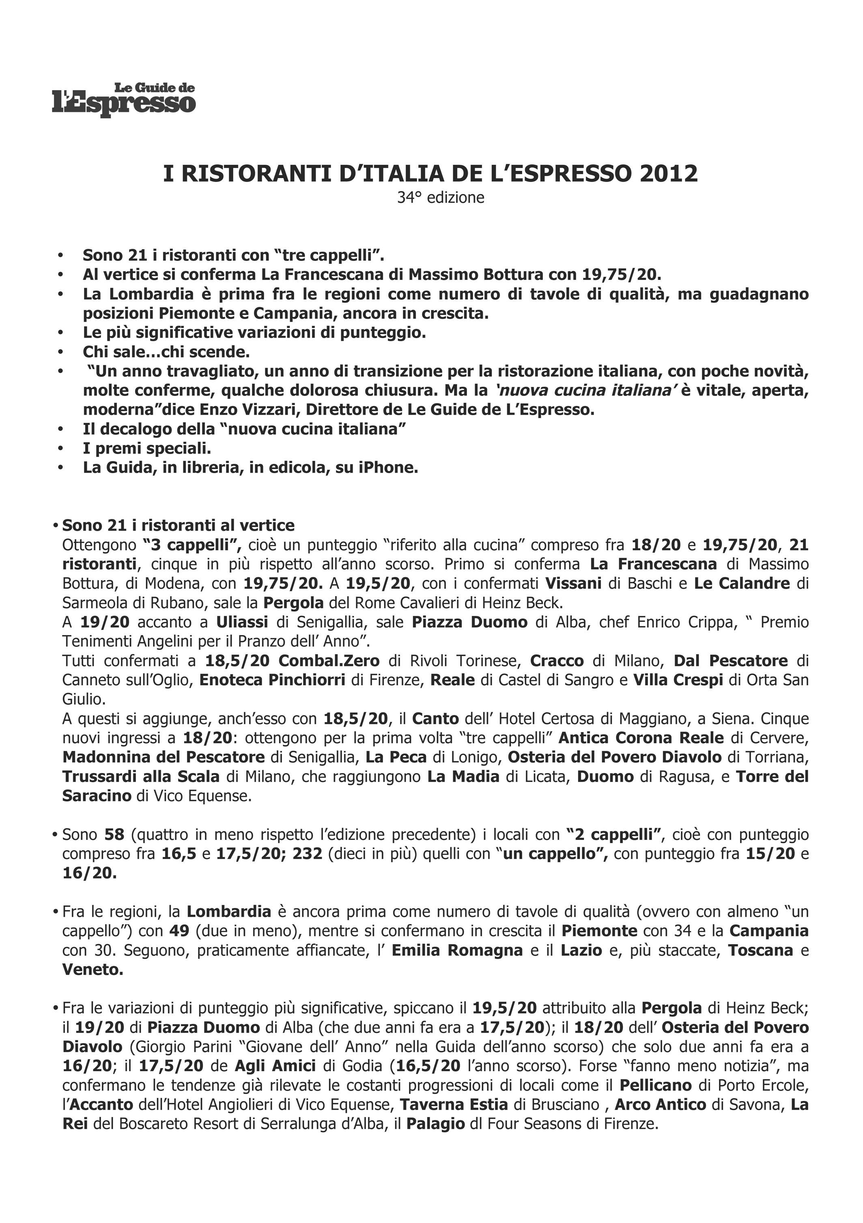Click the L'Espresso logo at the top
124,99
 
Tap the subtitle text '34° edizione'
441,198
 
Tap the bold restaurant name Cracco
557,661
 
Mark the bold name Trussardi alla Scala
141,777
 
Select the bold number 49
180,931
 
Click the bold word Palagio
435,1124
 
